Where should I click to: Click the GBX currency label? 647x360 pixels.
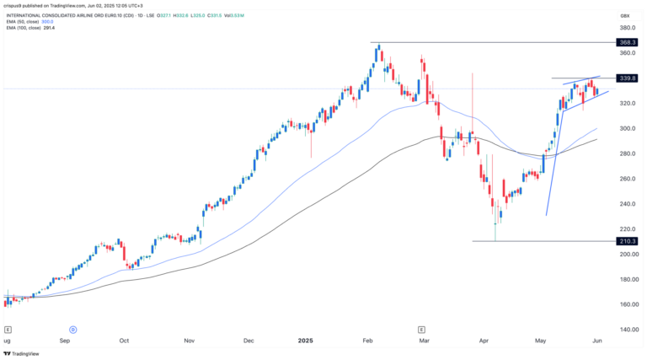(x=625, y=15)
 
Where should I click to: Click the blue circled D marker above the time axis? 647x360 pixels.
(x=73, y=328)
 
